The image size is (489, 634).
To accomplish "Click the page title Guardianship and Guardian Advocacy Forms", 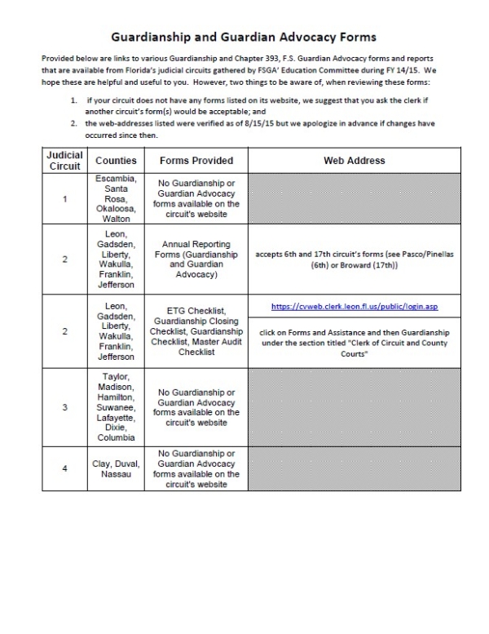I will click(x=244, y=38).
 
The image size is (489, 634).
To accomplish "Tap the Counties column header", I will click(x=116, y=162).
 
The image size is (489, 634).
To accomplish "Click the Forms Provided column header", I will click(x=196, y=162).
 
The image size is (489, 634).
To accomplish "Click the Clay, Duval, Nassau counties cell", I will click(x=116, y=469).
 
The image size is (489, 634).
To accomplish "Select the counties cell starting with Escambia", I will click(x=116, y=198).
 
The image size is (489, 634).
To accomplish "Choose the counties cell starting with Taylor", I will click(x=116, y=407).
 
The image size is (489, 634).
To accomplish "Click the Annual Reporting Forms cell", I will click(x=196, y=259).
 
